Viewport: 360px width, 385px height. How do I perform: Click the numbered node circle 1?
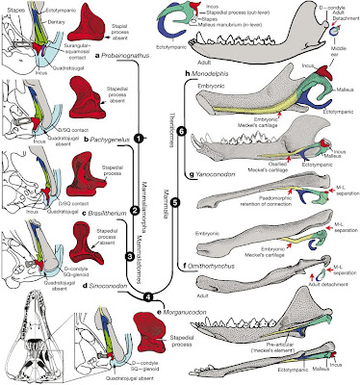click(139, 139)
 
